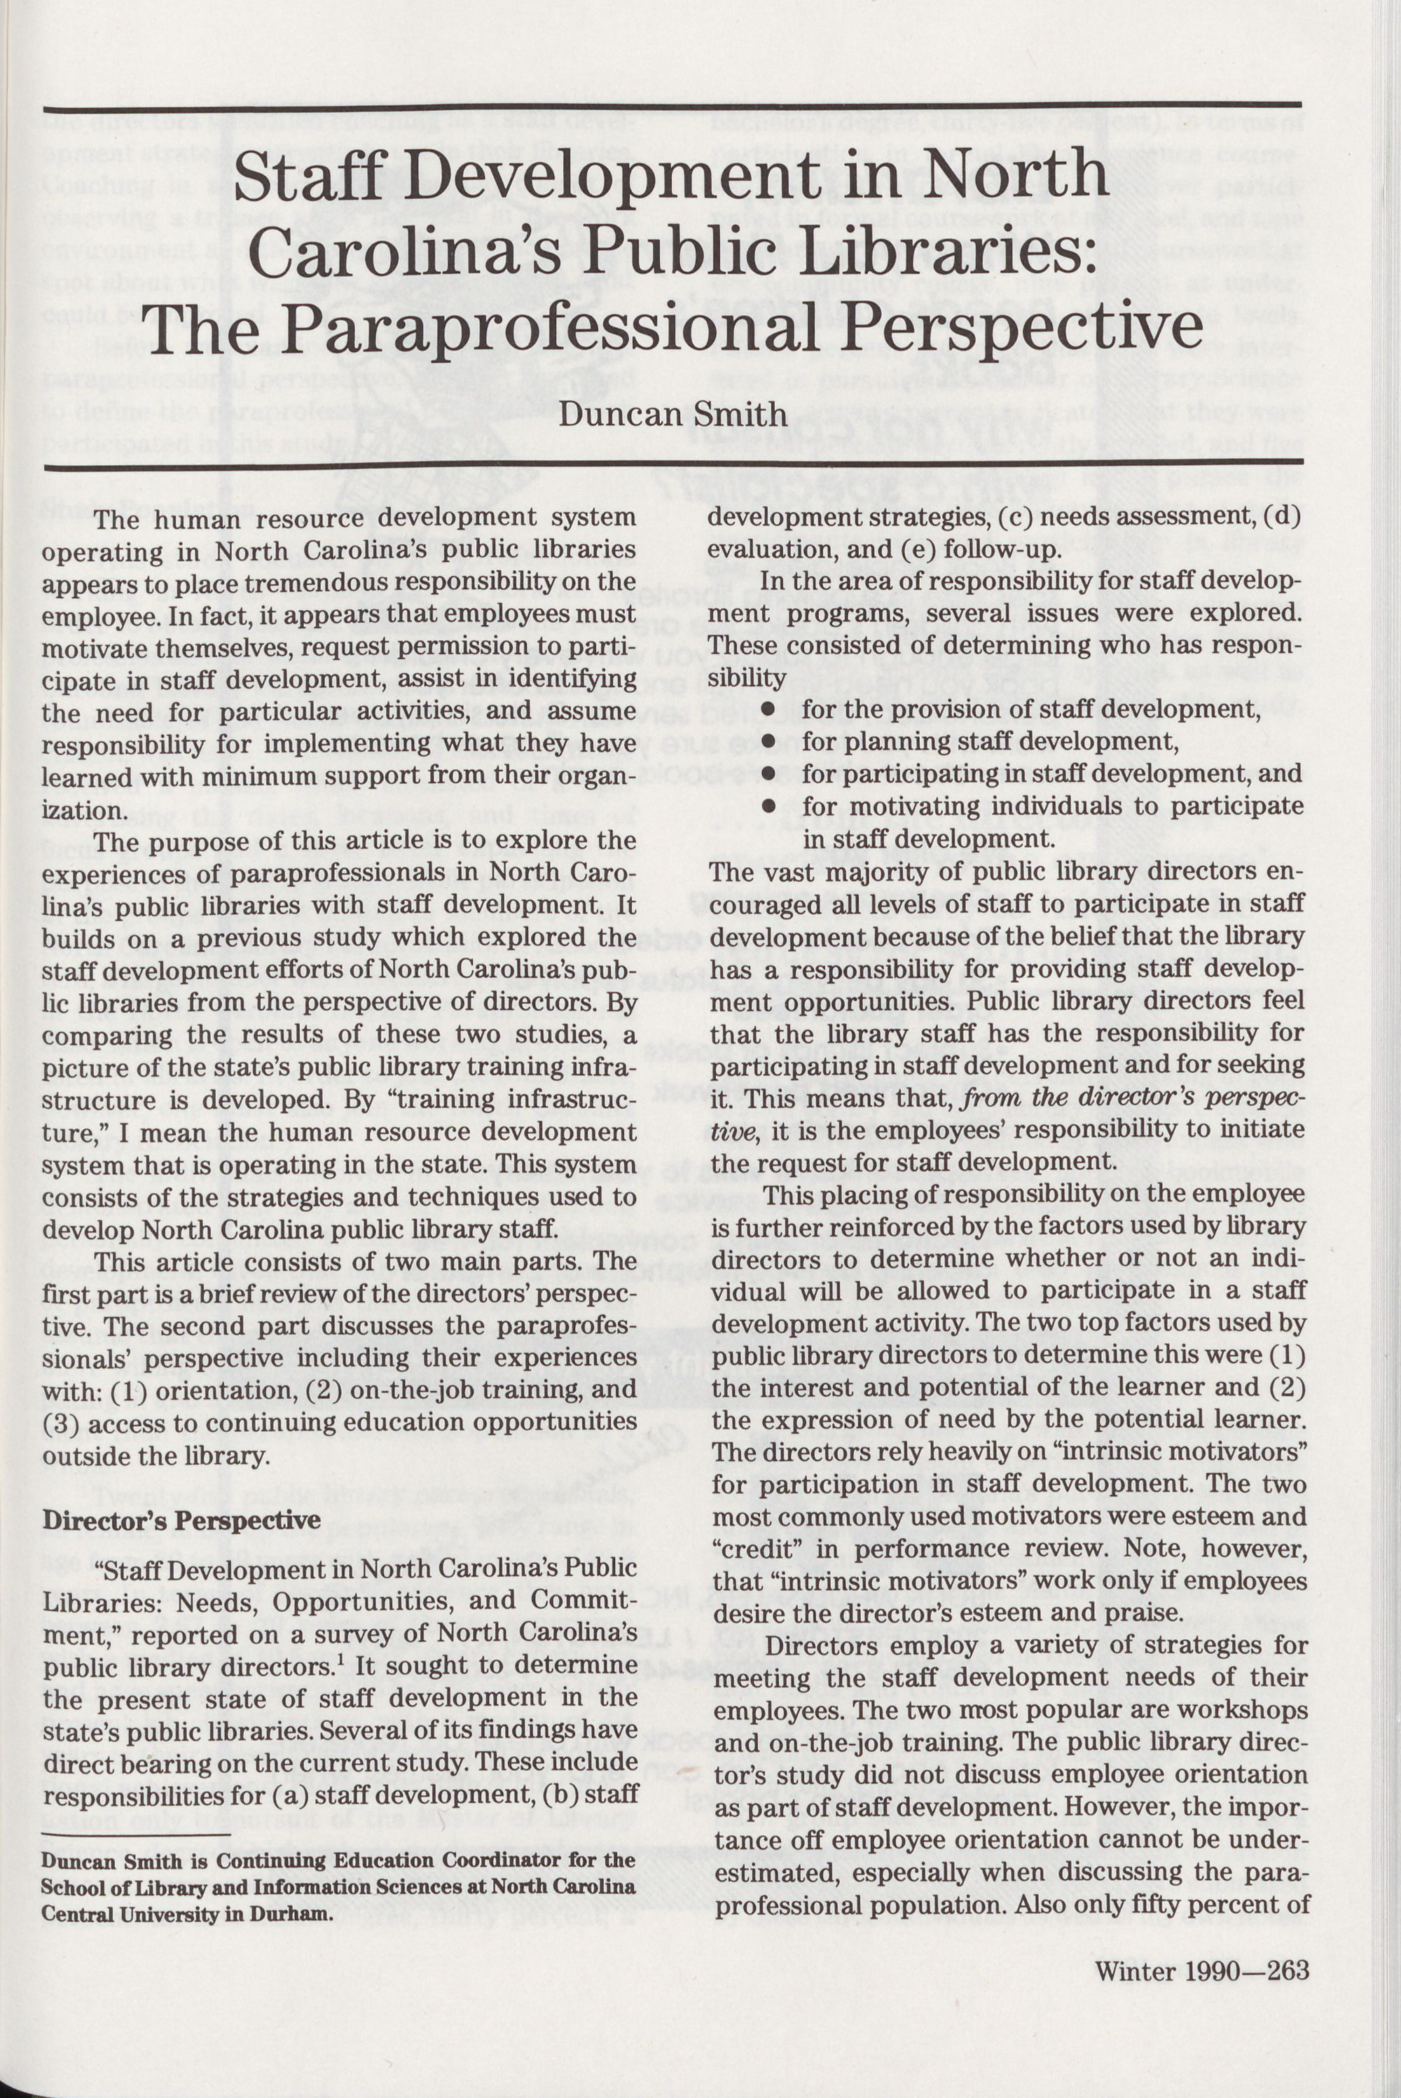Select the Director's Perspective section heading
(181, 1521)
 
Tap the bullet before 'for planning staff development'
(766, 743)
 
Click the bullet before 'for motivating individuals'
(766, 808)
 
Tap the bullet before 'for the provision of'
(766, 710)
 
